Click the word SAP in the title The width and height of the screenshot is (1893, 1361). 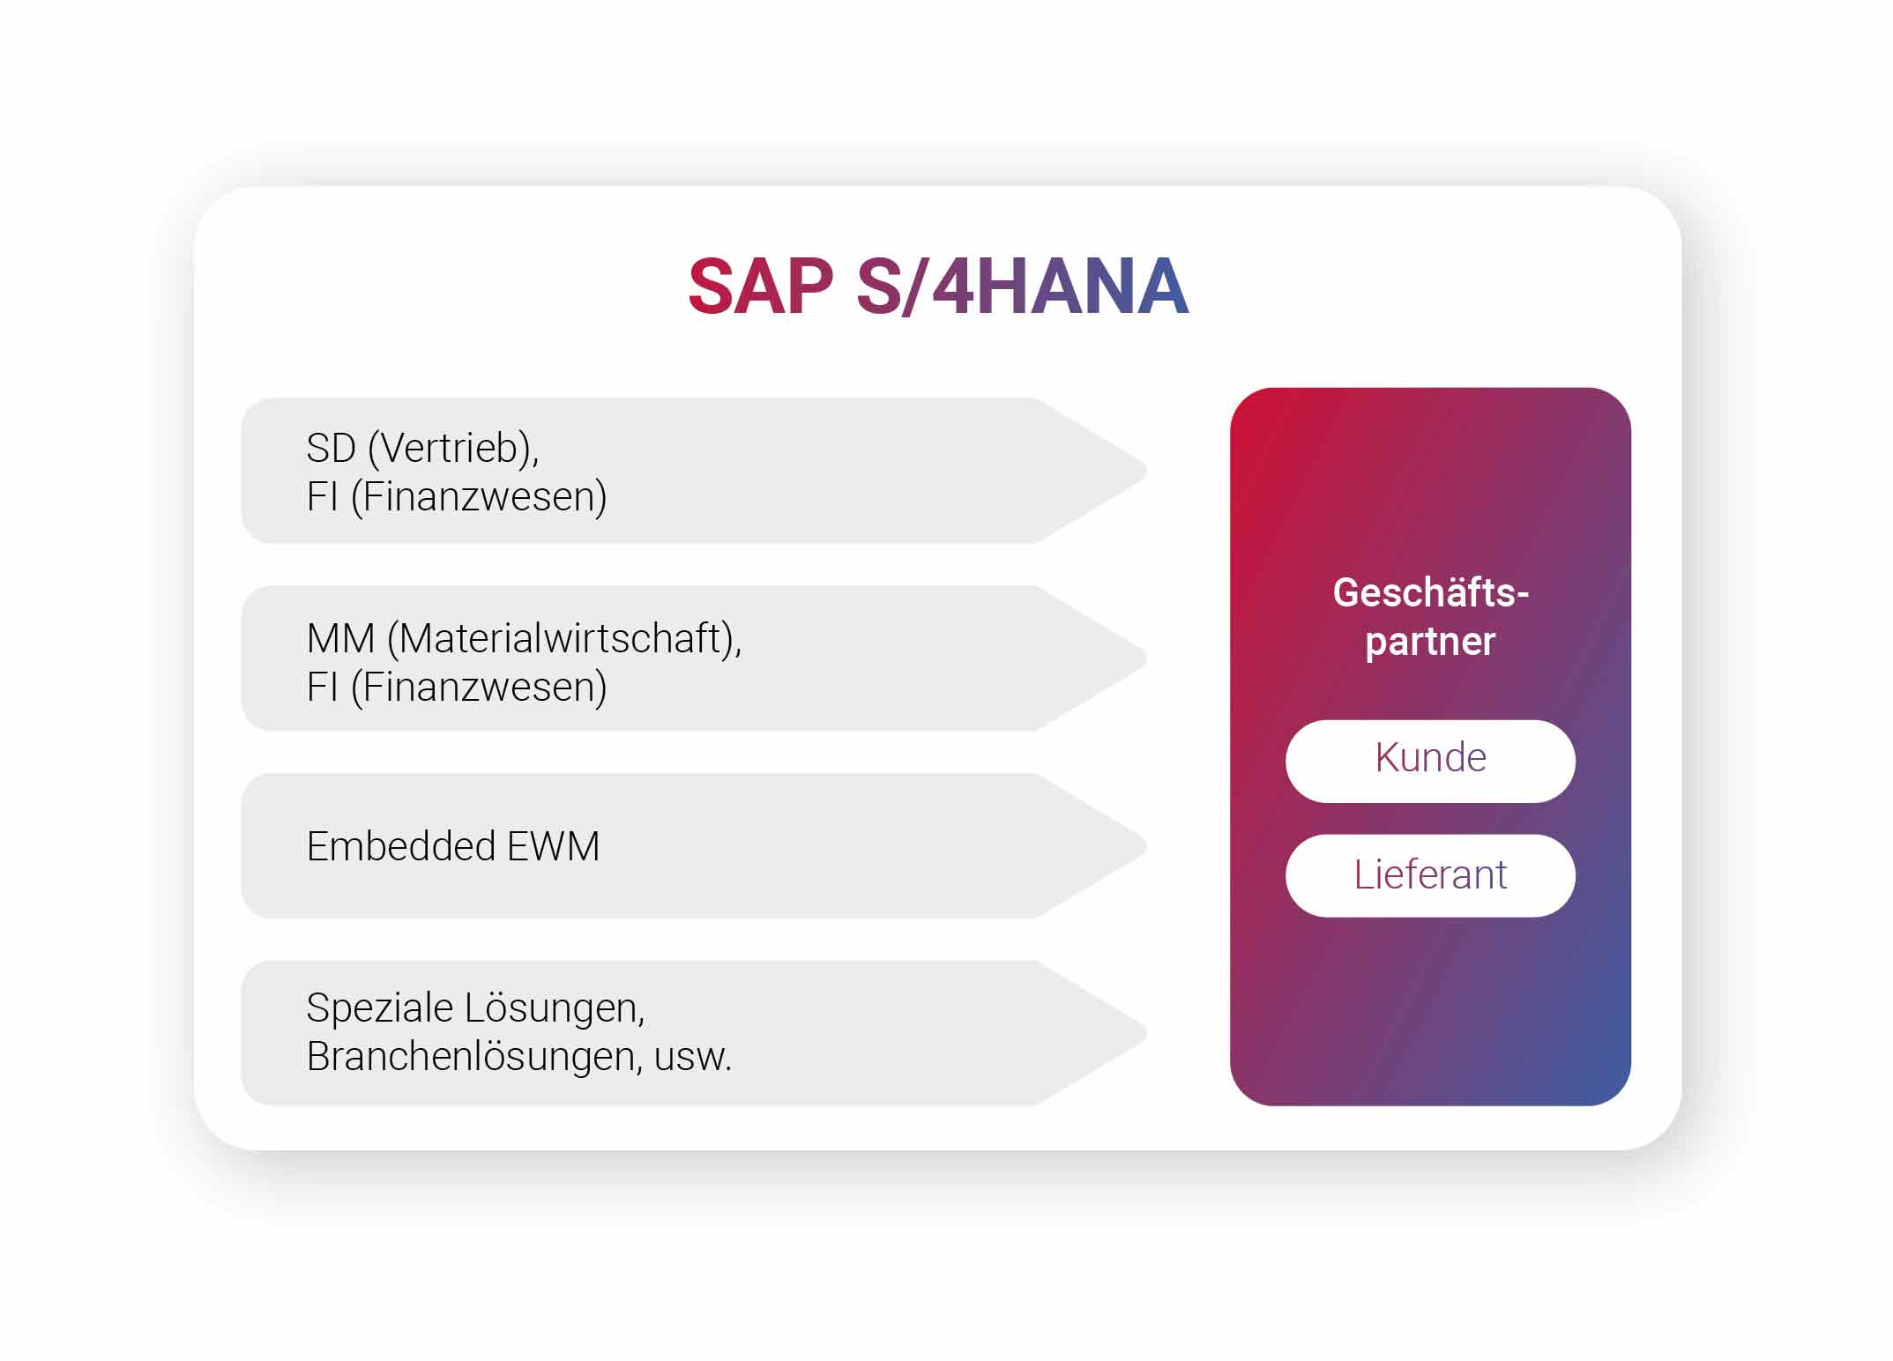(x=760, y=286)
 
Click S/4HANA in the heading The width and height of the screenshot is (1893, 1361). (x=1023, y=286)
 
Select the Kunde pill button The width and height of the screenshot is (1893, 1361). (x=1429, y=760)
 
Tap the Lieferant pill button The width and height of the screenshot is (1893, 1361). (x=1429, y=875)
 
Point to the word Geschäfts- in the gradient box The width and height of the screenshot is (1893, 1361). (x=1429, y=592)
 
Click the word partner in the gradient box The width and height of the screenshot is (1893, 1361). (x=1429, y=642)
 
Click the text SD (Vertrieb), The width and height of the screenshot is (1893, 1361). (x=422, y=448)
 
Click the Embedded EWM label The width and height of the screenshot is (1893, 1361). (x=452, y=846)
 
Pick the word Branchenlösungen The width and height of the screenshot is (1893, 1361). (x=473, y=1056)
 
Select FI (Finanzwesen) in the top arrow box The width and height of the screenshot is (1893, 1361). (x=456, y=496)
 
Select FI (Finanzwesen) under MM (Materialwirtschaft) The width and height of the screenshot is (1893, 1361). (x=456, y=687)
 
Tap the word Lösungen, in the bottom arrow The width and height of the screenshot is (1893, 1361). (x=555, y=1008)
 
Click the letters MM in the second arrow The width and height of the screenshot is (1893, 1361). (x=340, y=638)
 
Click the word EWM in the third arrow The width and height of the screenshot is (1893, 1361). (x=553, y=846)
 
